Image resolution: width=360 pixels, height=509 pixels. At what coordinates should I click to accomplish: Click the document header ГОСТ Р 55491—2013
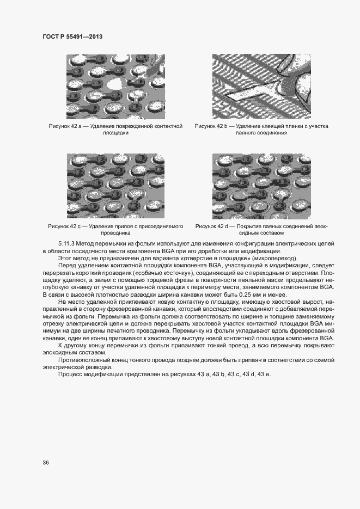(x=72, y=36)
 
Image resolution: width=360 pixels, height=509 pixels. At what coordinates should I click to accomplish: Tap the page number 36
(x=46, y=463)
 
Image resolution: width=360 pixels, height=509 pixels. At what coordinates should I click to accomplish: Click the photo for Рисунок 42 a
(x=115, y=86)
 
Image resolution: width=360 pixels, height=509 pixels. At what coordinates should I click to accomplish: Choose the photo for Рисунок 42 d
(x=261, y=186)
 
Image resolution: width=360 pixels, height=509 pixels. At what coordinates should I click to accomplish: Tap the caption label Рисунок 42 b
(x=212, y=126)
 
